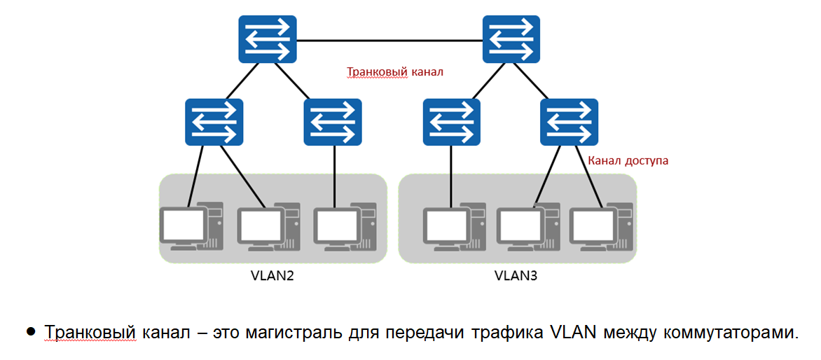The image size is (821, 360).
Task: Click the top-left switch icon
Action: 267,39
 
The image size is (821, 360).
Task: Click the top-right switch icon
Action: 512,39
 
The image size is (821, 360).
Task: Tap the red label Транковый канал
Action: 395,71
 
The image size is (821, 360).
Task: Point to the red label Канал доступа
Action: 628,160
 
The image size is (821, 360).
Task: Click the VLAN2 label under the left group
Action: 272,275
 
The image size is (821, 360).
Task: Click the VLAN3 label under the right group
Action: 516,275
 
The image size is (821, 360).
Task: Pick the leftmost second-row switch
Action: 214,122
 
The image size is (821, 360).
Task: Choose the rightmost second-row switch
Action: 570,122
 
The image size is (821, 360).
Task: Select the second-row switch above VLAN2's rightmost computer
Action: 333,122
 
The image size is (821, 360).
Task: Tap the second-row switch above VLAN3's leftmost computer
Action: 452,122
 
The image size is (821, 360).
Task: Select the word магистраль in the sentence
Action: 296,333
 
